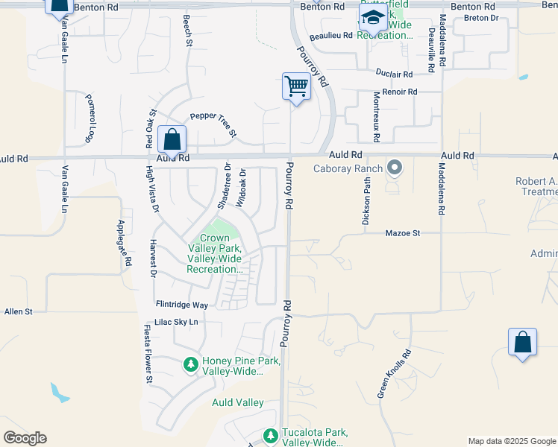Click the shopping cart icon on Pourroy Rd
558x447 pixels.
point(297,87)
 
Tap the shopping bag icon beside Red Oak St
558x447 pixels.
point(172,139)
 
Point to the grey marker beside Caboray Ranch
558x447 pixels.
point(395,168)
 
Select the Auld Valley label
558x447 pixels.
point(238,402)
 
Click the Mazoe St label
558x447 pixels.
point(404,233)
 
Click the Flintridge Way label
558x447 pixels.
point(181,305)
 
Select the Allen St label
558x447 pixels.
point(19,311)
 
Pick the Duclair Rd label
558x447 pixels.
point(394,74)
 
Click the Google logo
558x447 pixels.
point(25,438)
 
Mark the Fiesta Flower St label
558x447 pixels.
point(148,355)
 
